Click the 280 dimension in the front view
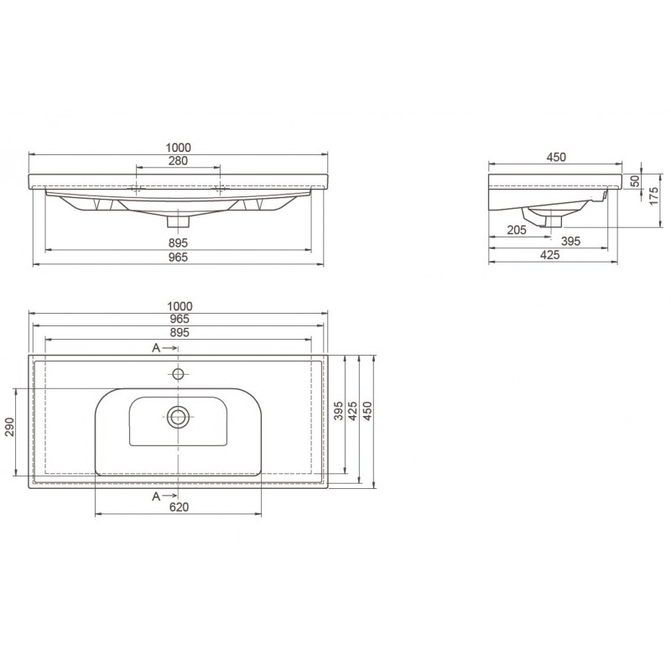[178, 161]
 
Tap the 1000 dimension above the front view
[178, 148]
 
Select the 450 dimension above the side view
[556, 158]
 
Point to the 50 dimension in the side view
[635, 181]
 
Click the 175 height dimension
[654, 195]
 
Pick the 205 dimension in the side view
[517, 230]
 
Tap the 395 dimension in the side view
[571, 242]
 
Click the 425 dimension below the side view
[550, 255]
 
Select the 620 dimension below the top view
[179, 507]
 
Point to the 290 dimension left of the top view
[9, 427]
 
